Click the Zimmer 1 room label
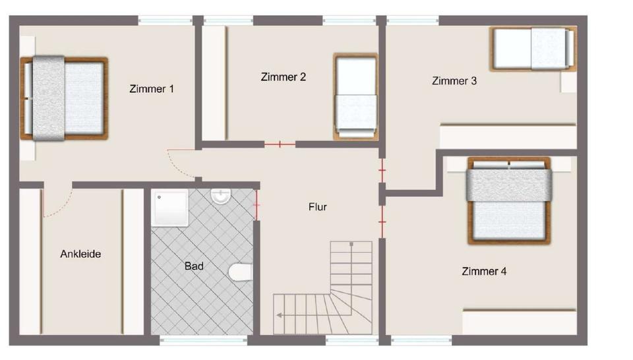point(152,88)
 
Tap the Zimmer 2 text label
point(283,77)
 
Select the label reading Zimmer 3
point(454,81)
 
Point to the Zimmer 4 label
point(484,271)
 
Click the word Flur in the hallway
point(318,207)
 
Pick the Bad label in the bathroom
point(194,266)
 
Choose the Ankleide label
point(80,254)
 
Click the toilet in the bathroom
point(241,272)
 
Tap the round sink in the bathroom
point(220,196)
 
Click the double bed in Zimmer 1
point(64,98)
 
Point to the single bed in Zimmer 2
point(355,97)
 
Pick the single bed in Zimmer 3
point(533,48)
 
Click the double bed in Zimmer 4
point(508,200)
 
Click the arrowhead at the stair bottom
point(280,315)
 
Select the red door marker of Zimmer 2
point(280,144)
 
